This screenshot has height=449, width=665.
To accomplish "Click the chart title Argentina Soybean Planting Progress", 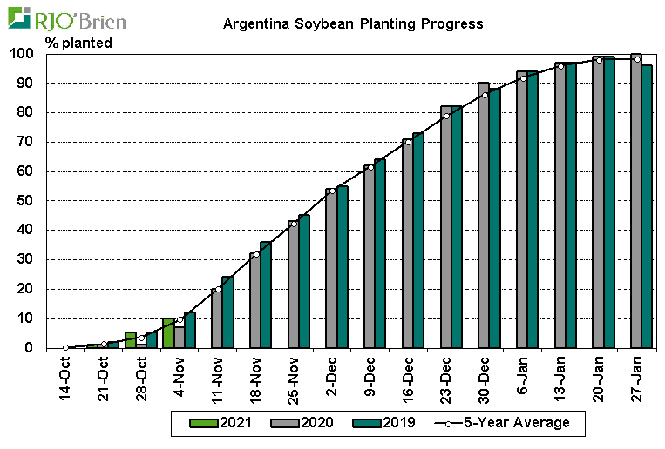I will tap(353, 23).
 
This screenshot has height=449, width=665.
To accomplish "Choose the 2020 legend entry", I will tap(316, 423).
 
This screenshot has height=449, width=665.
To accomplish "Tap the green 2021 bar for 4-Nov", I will tap(168, 333).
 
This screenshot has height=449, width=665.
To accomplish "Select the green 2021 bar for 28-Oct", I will tap(130, 340).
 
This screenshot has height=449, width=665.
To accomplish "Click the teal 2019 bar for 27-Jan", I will tap(647, 206).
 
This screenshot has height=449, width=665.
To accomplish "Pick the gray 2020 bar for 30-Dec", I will tap(484, 215).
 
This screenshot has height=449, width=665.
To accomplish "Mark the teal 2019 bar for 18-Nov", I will tap(266, 295).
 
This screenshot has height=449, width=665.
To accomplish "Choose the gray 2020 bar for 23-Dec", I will tap(446, 227).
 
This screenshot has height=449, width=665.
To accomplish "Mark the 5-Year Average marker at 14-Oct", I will tap(65, 347).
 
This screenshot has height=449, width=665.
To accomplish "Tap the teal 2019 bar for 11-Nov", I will tap(227, 312).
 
